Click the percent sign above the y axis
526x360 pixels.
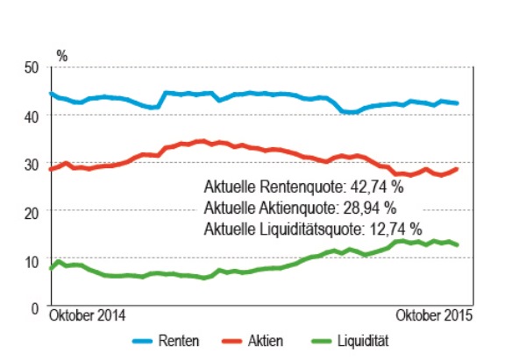pos(61,53)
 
